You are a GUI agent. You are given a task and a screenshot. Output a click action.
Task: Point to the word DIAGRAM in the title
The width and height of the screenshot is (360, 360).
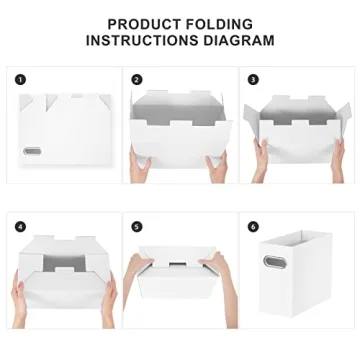pyautogui.click(x=239, y=41)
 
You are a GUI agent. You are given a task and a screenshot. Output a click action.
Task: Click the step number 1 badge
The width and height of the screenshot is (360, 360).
pyautogui.click(x=20, y=79)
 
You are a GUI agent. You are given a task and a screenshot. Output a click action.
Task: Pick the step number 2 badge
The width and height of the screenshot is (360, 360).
pyautogui.click(x=136, y=79)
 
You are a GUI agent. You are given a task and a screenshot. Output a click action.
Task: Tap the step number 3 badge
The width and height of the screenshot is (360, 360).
pyautogui.click(x=253, y=79)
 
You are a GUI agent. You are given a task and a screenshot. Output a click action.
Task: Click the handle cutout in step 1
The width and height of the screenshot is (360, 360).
pyautogui.click(x=33, y=151)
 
